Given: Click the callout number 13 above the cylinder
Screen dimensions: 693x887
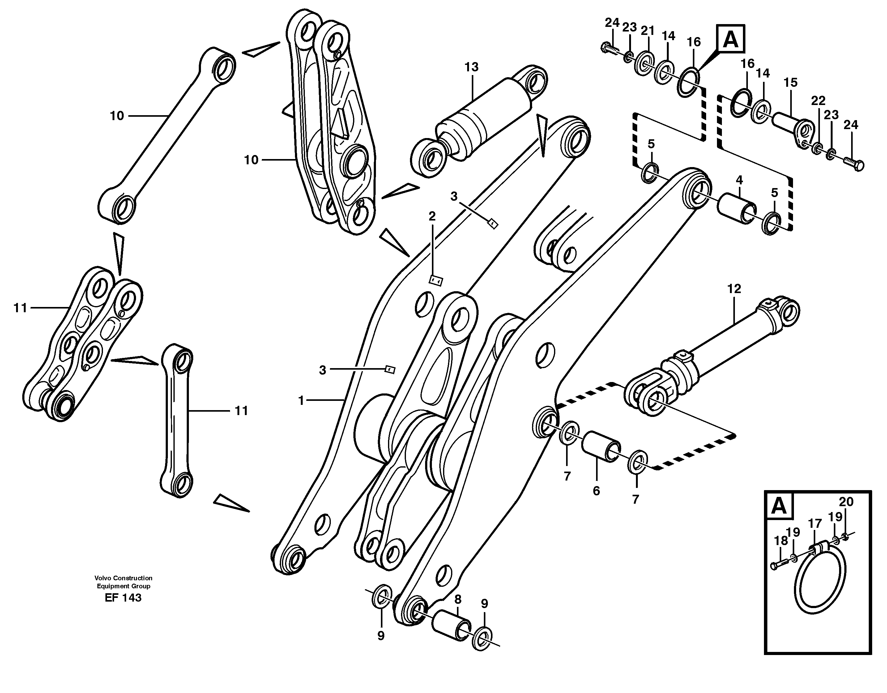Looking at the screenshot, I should click(x=471, y=67).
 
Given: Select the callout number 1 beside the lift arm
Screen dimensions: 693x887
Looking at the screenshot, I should click(x=301, y=401).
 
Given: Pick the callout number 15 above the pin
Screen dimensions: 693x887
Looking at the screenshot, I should click(x=790, y=83).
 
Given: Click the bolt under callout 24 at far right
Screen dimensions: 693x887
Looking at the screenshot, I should click(x=854, y=165).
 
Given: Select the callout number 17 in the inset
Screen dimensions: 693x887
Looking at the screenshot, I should click(x=815, y=524).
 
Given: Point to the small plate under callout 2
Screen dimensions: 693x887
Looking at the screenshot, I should click(x=436, y=281).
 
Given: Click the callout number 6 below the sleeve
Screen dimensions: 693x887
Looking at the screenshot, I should click(x=596, y=491).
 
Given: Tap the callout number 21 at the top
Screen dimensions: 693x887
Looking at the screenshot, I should click(x=648, y=31).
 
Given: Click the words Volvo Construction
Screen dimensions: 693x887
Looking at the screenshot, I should click(x=123, y=578).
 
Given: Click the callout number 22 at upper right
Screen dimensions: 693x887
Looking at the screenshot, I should click(x=818, y=100).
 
